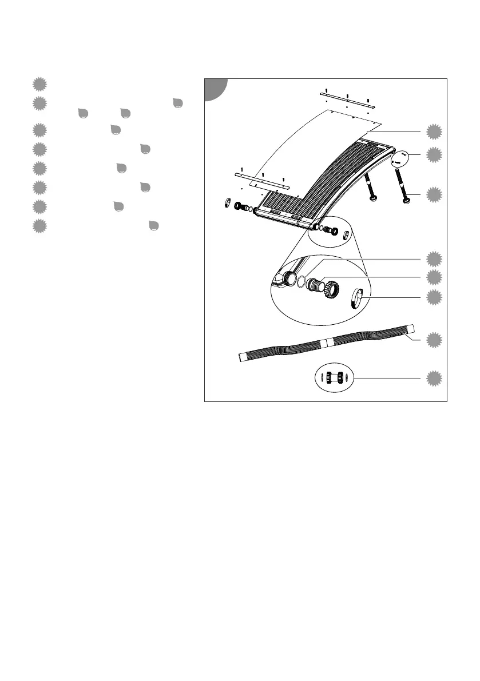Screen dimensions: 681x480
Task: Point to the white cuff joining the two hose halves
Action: (x=324, y=342)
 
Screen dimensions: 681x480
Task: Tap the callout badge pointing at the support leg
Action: (x=434, y=195)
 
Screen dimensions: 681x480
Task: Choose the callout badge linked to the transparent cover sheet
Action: (x=434, y=132)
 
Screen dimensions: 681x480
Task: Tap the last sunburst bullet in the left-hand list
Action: (x=38, y=226)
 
